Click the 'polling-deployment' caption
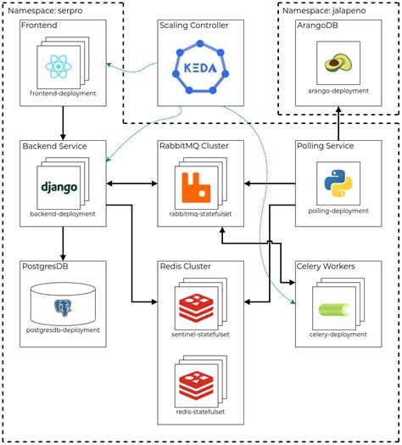tap(338, 211)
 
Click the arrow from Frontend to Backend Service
tap(63, 122)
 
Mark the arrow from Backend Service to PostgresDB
tap(63, 243)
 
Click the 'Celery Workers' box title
tap(325, 267)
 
